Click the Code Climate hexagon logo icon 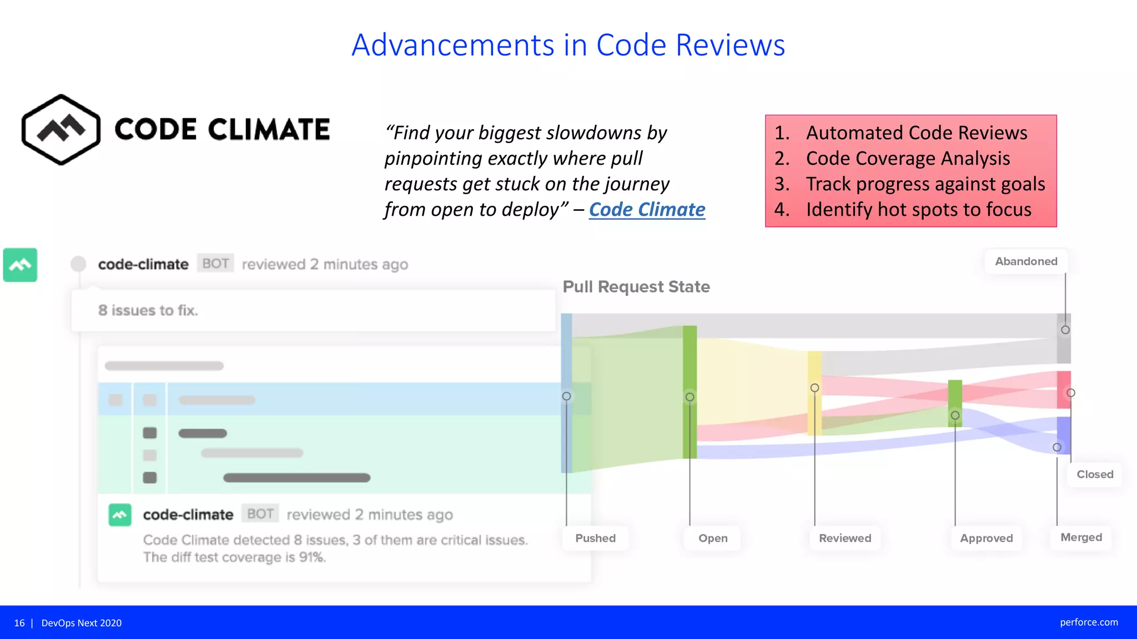(61, 129)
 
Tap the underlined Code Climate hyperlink (647, 210)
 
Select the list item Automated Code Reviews (916, 133)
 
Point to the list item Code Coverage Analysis (908, 159)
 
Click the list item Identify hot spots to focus (918, 210)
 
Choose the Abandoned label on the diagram (1026, 261)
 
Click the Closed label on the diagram (1095, 474)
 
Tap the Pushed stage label (595, 538)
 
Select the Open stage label (713, 538)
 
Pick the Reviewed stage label (845, 538)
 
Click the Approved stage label (986, 538)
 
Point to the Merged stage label (1081, 537)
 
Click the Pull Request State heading (636, 287)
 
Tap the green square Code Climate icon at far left (21, 265)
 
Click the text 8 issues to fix (148, 311)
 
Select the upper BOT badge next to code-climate (215, 263)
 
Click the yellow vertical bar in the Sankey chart (814, 393)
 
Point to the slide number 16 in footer (19, 623)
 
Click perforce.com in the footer (1089, 622)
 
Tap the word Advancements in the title (453, 45)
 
